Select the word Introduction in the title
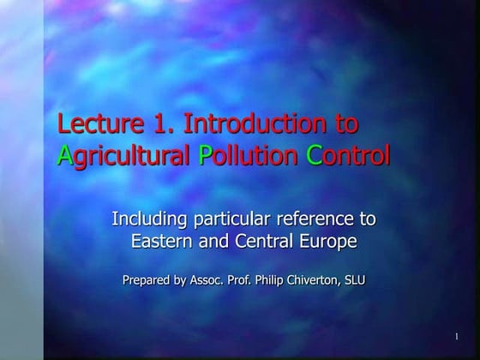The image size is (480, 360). [257, 124]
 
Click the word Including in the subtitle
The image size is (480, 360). [146, 219]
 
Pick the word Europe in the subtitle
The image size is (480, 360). [325, 243]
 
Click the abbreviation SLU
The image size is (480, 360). [355, 280]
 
